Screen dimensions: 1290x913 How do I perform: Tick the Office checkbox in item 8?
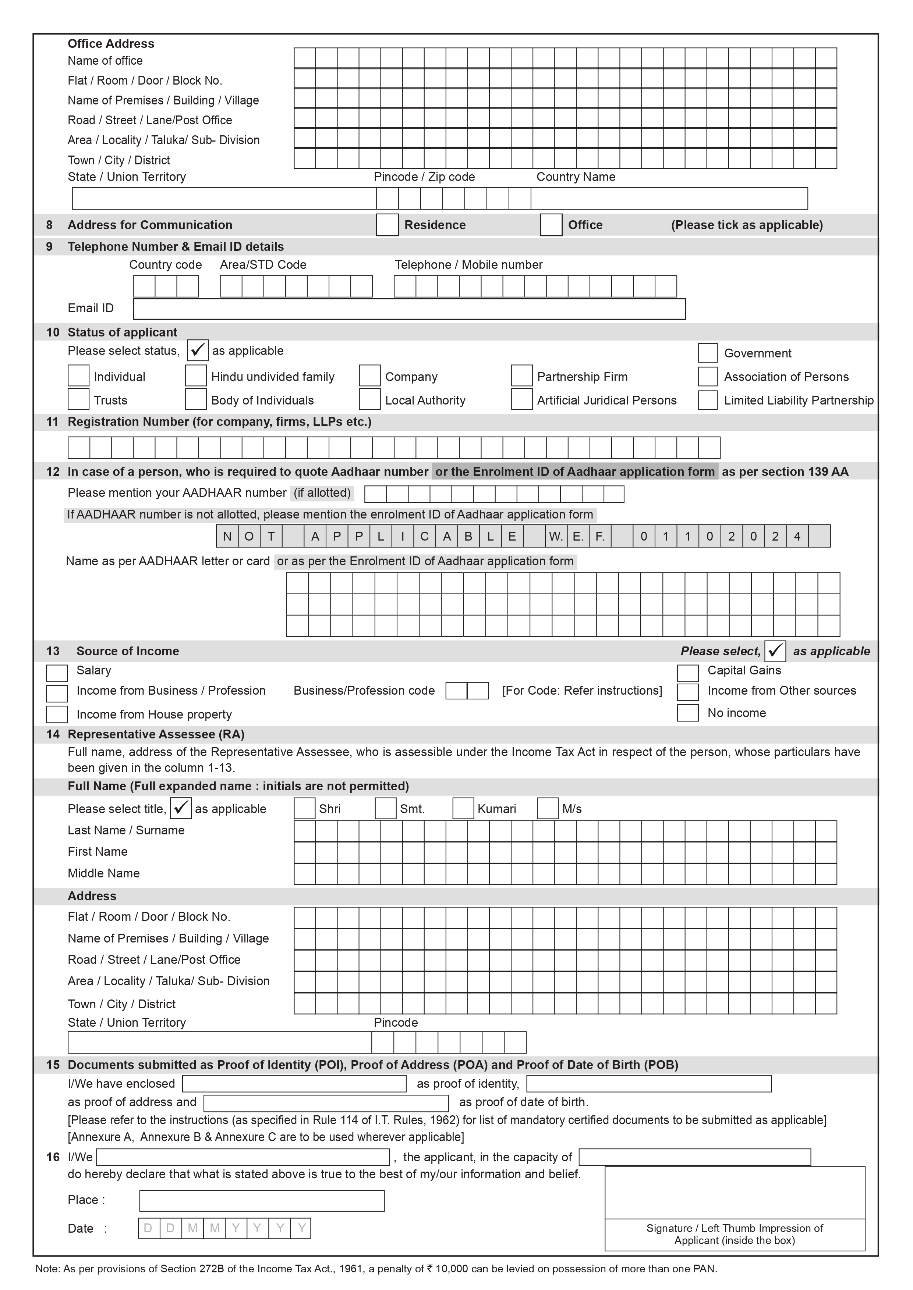(x=551, y=225)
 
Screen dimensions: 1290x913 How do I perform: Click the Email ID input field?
(x=409, y=309)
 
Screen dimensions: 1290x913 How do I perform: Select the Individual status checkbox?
(x=78, y=376)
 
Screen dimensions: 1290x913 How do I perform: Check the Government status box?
(x=707, y=353)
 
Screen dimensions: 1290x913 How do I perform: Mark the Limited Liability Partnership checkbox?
(x=707, y=400)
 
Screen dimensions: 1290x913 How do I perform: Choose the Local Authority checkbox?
(x=369, y=399)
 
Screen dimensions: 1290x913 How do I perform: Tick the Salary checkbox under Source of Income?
(x=57, y=673)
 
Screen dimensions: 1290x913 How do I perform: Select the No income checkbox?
(x=687, y=712)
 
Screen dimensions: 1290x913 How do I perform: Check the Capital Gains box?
(x=687, y=673)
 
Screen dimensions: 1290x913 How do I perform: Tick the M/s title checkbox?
(x=548, y=809)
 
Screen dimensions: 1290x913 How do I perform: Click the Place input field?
(x=261, y=1200)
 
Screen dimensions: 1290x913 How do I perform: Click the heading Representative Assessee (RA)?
(x=156, y=734)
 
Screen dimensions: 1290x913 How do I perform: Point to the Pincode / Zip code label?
(x=424, y=177)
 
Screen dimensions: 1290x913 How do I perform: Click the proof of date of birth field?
(x=326, y=1103)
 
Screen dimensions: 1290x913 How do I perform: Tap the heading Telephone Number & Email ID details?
(x=176, y=247)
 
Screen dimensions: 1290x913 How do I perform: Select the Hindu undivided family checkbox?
(x=196, y=376)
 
